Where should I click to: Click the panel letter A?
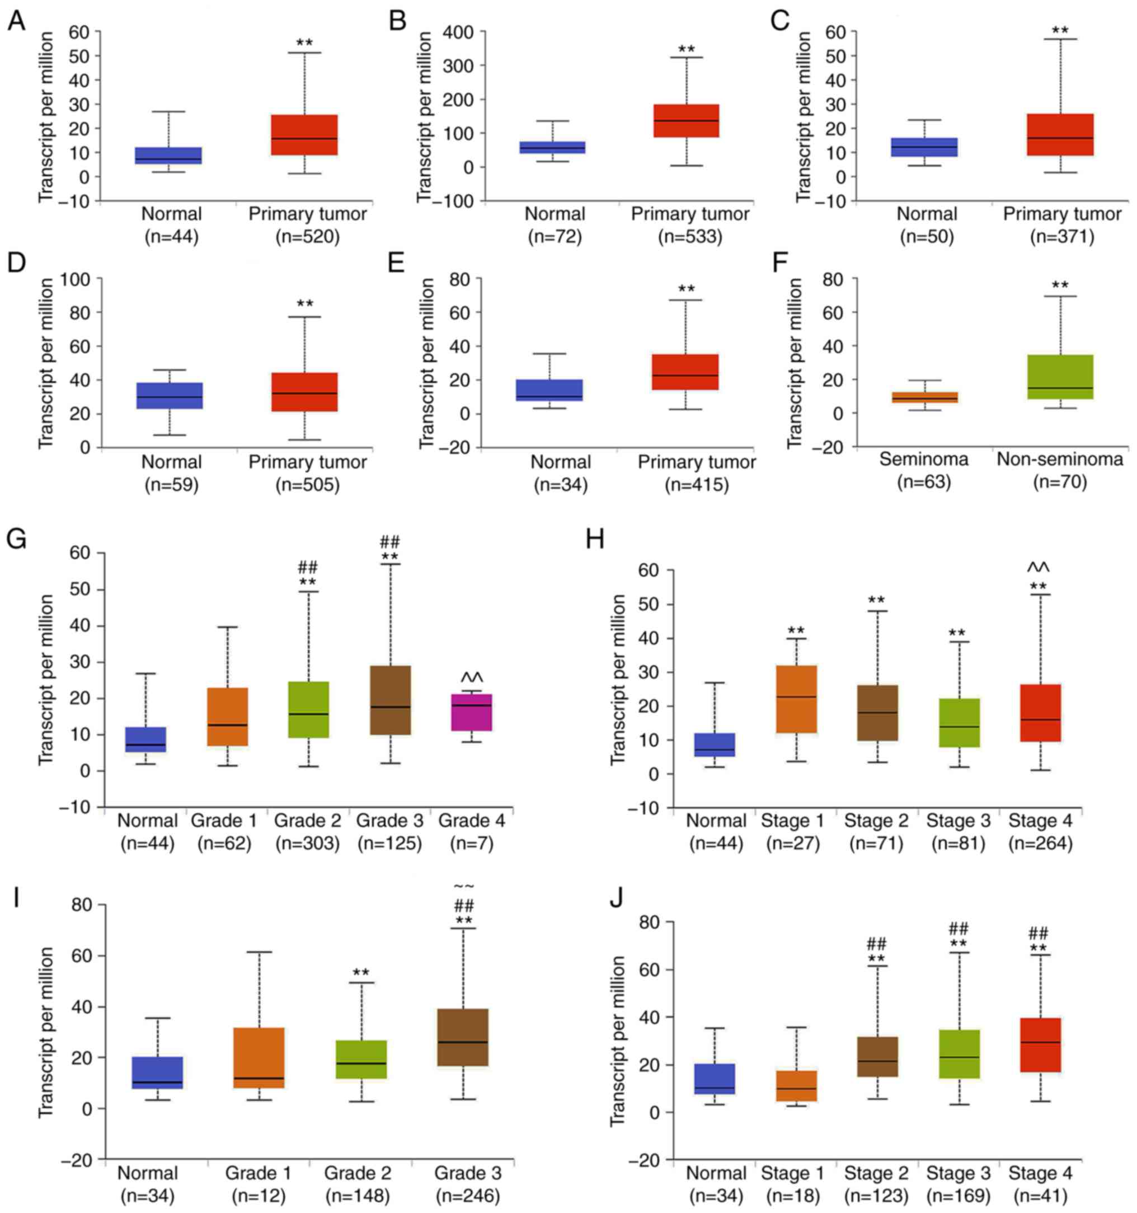(16, 21)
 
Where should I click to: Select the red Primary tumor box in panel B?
(686, 121)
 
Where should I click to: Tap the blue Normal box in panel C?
(924, 147)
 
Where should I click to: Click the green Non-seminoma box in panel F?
(1060, 377)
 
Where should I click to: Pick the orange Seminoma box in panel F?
(924, 397)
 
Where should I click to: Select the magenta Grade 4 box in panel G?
(472, 712)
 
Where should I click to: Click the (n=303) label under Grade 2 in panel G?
(307, 844)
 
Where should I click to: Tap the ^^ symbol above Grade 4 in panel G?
(472, 677)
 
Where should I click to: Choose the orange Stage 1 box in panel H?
(796, 699)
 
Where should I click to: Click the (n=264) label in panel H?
(1040, 844)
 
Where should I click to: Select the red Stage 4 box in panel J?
(1040, 1044)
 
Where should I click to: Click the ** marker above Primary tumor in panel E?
(686, 289)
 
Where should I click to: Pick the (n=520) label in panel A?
(307, 237)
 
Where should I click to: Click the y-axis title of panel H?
(618, 679)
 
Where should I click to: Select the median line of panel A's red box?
(304, 138)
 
